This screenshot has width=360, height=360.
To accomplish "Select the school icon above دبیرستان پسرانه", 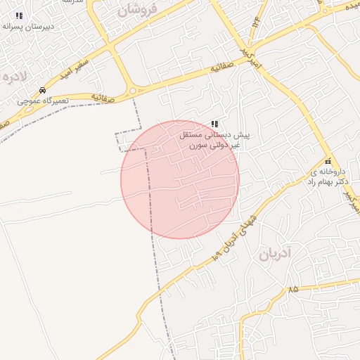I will [20, 15].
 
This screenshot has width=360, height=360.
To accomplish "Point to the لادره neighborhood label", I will [15, 75].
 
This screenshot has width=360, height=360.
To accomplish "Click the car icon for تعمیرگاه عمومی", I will [43, 91].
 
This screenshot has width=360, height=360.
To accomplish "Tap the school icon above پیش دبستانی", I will [214, 124].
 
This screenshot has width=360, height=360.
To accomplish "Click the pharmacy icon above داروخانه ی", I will [328, 161].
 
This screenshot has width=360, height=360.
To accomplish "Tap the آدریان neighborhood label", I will [274, 255].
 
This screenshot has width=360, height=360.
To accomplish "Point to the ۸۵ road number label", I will [292, 289].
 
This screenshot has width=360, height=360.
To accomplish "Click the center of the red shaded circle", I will [180, 179].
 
